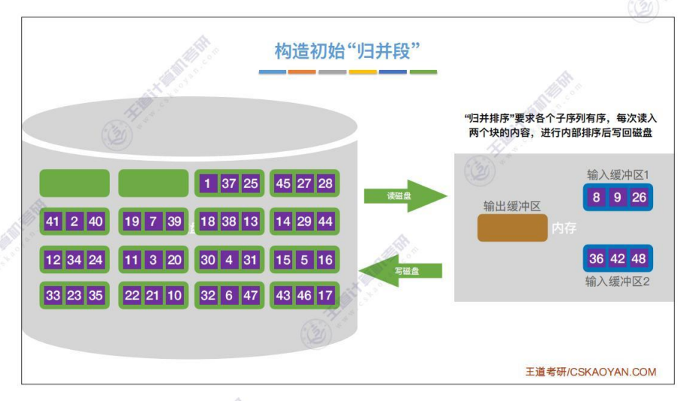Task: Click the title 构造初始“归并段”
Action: (347, 50)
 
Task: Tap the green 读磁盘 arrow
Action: (396, 196)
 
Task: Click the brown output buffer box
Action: (512, 228)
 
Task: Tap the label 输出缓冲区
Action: (512, 206)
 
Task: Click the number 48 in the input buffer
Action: (640, 259)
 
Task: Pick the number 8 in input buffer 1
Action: (597, 198)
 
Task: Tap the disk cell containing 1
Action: (207, 183)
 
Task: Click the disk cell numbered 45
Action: (283, 183)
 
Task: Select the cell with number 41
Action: (53, 221)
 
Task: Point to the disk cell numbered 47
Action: (251, 296)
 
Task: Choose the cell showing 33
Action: (53, 296)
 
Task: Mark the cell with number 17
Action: (325, 296)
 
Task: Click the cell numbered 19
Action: (132, 221)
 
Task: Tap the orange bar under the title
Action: (302, 72)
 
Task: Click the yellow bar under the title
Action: (362, 72)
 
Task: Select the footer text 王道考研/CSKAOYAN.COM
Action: (591, 372)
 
